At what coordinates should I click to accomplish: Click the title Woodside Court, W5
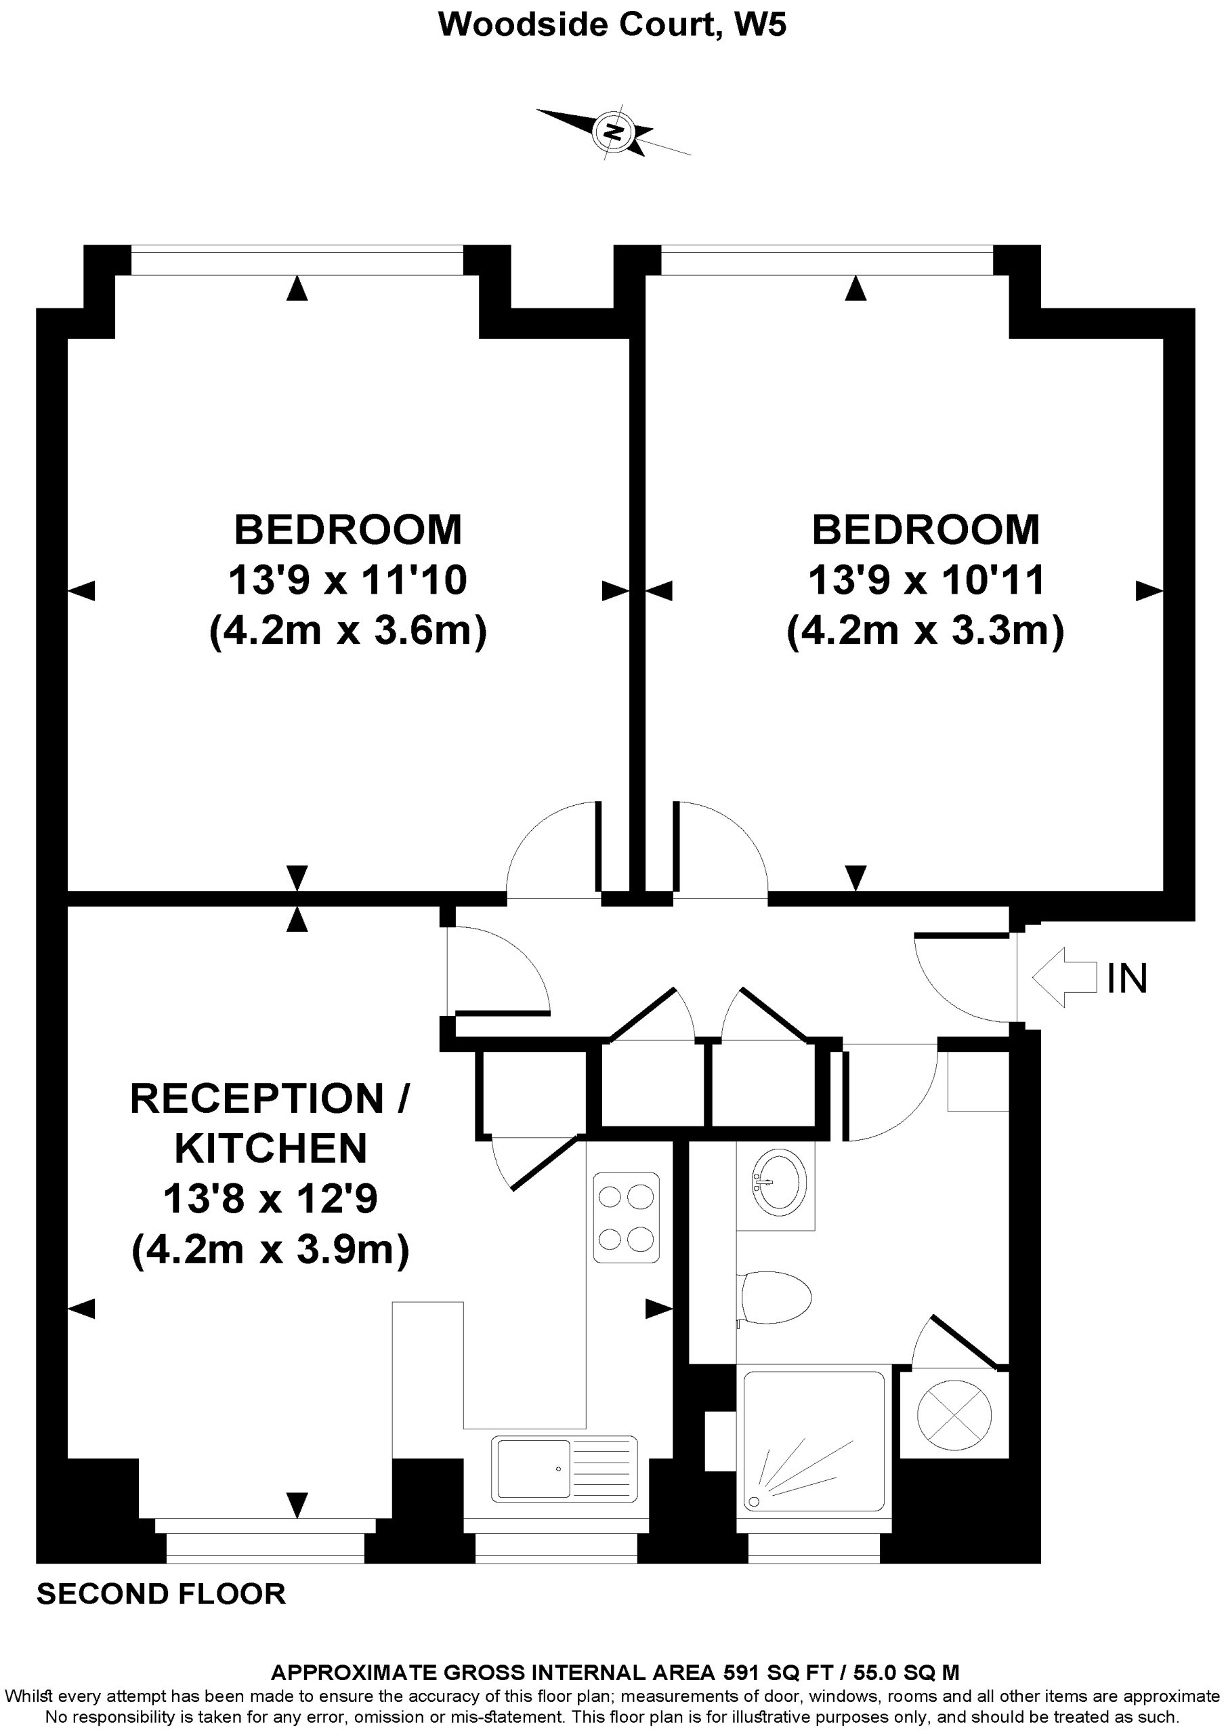coord(612,24)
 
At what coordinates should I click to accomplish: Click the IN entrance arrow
coord(1064,977)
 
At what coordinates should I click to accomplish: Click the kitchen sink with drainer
coord(564,1469)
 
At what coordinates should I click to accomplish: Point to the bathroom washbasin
coord(779,1182)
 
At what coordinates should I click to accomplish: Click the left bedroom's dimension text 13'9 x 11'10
coord(347,580)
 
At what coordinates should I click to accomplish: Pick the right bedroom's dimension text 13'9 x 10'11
coord(926,580)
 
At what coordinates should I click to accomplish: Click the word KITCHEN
coord(271,1149)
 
